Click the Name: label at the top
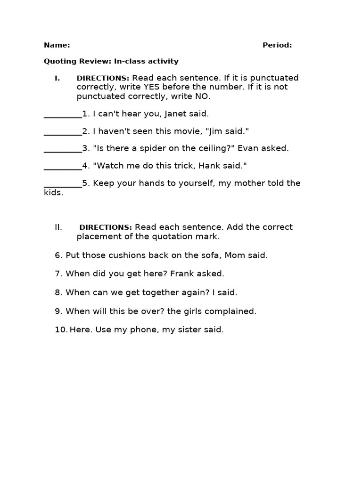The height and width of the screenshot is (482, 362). click(57, 45)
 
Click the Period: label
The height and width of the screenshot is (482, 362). click(277, 45)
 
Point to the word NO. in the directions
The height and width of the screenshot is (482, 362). click(202, 96)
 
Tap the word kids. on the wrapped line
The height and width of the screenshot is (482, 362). click(53, 193)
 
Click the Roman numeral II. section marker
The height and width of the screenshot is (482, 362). click(58, 227)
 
